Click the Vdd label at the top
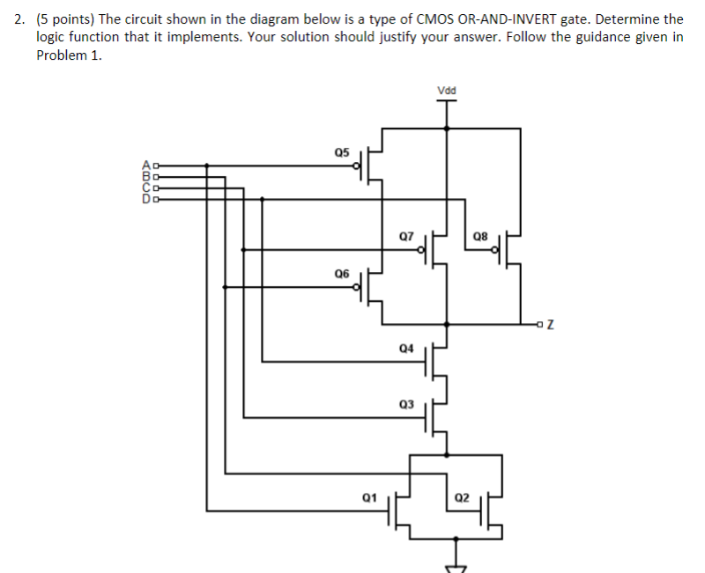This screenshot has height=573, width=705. pyautogui.click(x=447, y=89)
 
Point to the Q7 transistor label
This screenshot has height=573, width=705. pyautogui.click(x=405, y=236)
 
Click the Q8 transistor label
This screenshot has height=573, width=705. pyautogui.click(x=480, y=236)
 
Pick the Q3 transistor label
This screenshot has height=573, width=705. pyautogui.click(x=405, y=404)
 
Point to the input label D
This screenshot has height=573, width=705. pyautogui.click(x=147, y=199)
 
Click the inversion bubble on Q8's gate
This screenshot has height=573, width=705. pyautogui.click(x=497, y=250)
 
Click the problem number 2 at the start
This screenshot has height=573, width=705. pyautogui.click(x=21, y=18)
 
